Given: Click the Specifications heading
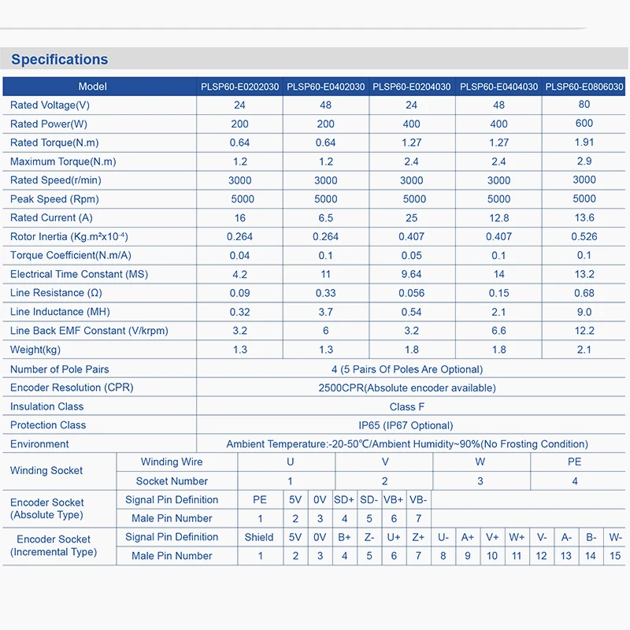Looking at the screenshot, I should [60, 59].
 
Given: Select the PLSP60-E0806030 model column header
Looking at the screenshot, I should [584, 87].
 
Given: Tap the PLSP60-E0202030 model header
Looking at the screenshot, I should [239, 87].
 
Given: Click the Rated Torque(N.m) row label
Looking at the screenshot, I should [54, 143].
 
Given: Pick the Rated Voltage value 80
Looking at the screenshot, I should [584, 104].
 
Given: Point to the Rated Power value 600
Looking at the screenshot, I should [584, 123].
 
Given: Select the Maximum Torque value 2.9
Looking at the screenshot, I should [584, 161].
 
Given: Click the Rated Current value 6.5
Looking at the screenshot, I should [325, 218].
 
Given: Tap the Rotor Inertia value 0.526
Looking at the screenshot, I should [584, 236].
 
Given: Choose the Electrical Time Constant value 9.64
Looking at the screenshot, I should [411, 274].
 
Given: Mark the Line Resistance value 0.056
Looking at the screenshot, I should [411, 293].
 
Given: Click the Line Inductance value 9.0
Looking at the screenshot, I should [584, 312].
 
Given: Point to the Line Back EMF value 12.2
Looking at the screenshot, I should [584, 331].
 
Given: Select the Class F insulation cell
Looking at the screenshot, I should [406, 406].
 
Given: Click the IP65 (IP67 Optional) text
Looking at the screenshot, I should [406, 425].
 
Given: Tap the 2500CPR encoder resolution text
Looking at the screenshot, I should [406, 387].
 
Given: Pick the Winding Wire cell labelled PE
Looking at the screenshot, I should [574, 462].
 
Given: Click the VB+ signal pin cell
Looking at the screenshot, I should [394, 499].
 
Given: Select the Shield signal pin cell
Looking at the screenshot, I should [259, 537].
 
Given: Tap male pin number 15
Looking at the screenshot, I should [616, 556].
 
